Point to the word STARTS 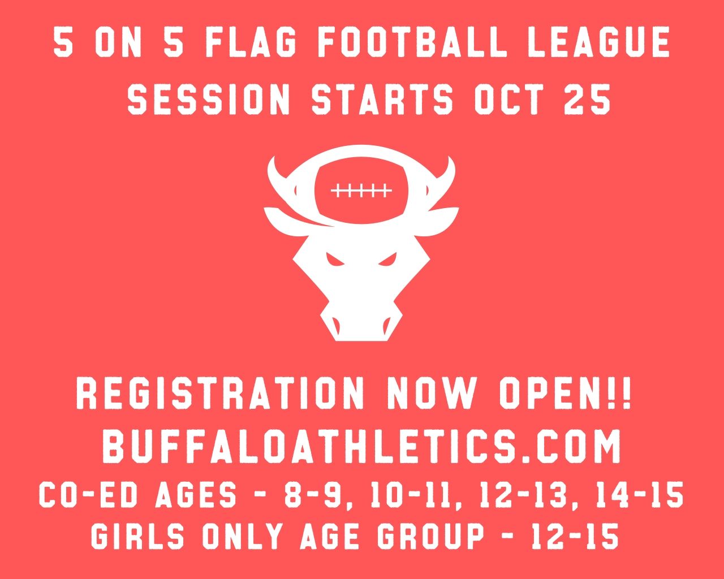click(382, 100)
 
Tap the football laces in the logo click(361, 191)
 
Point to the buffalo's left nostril click(338, 323)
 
